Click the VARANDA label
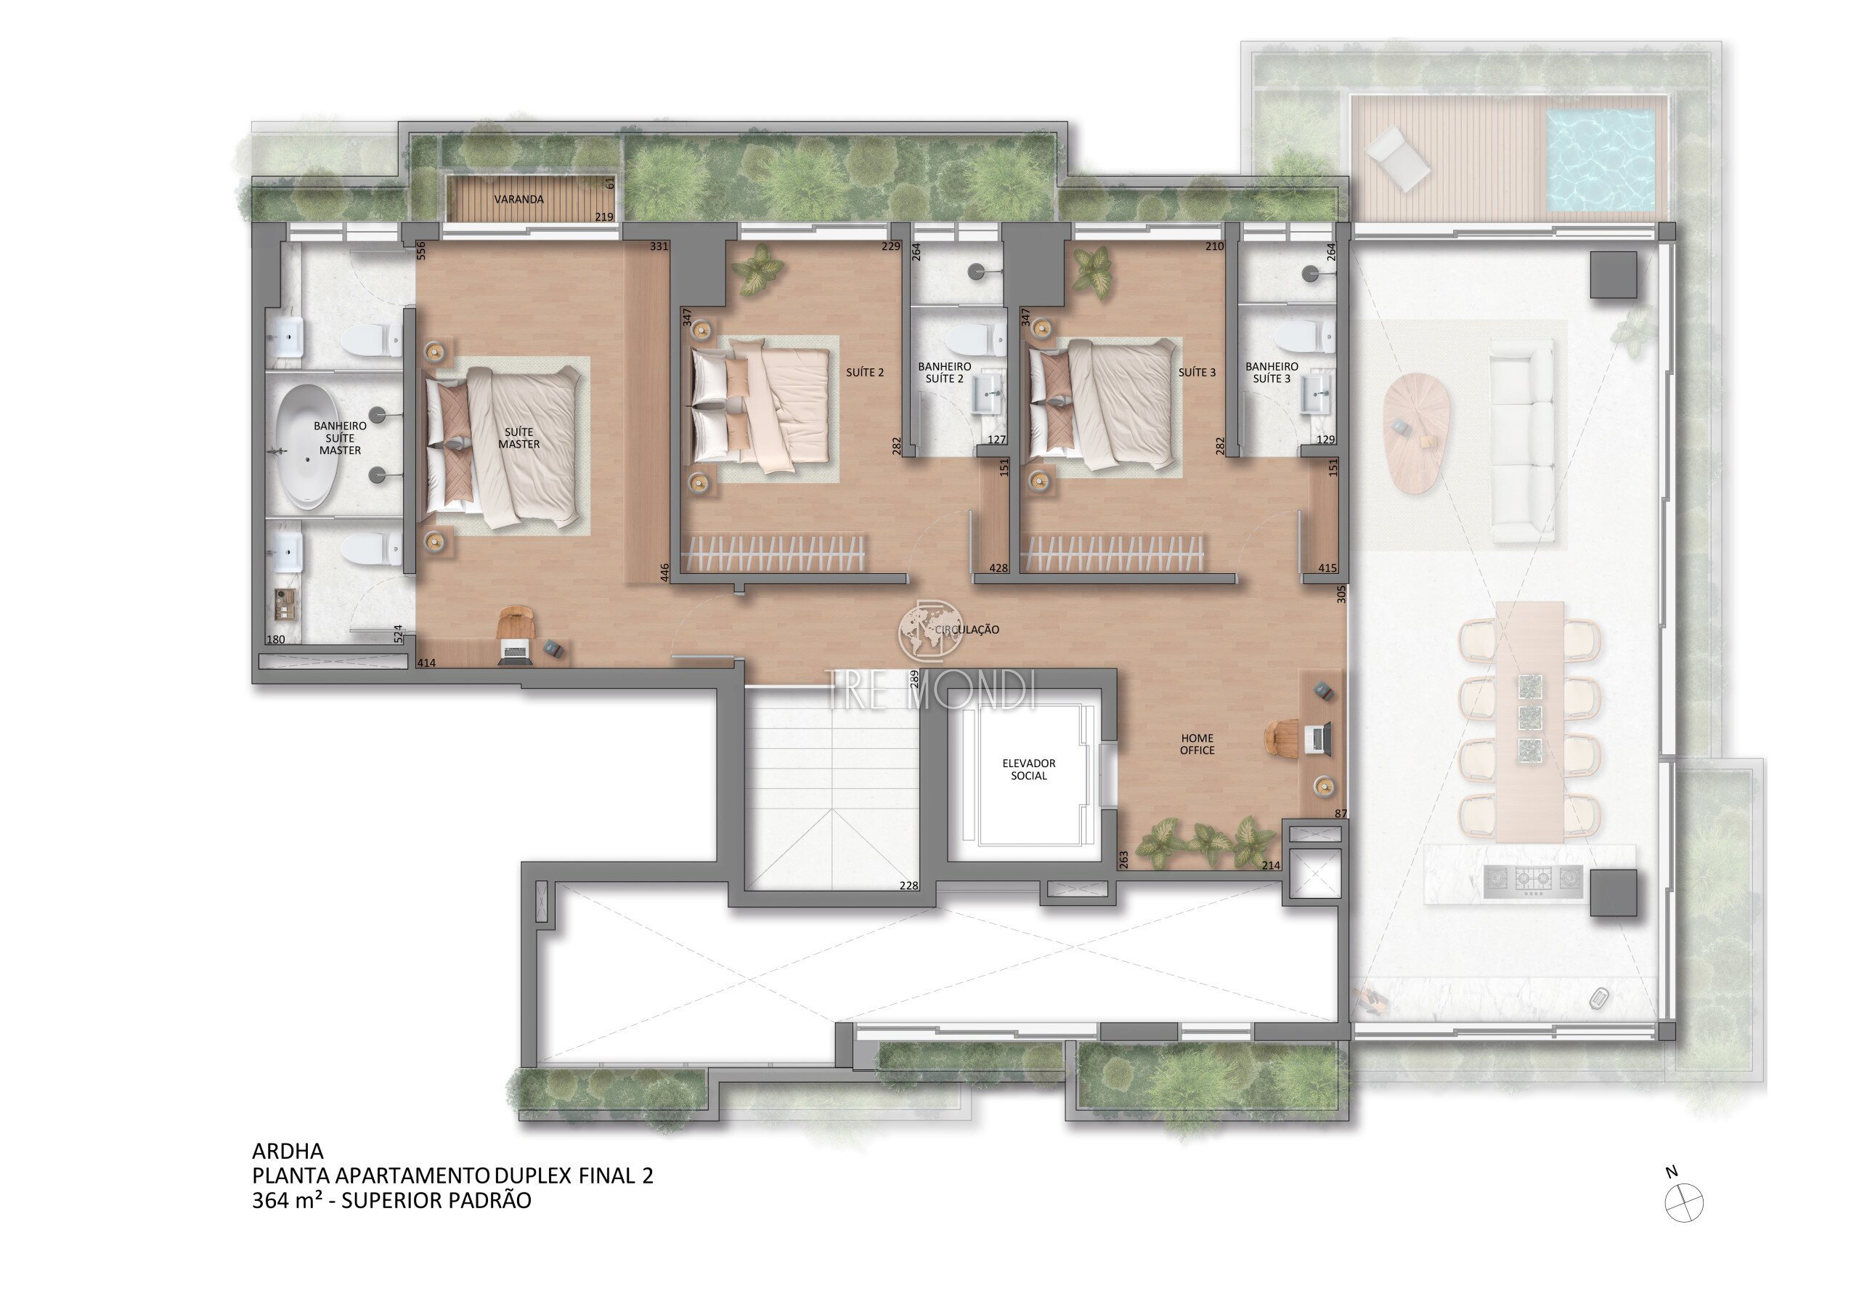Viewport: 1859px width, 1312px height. [x=519, y=199]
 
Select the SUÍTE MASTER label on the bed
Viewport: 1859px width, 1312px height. [x=519, y=438]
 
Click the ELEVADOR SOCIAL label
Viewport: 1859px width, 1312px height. [x=1029, y=769]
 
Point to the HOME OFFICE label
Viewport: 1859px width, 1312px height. [x=1197, y=745]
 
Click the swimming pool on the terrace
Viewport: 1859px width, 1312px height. [x=1600, y=161]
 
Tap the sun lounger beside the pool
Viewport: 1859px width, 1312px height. [x=1399, y=162]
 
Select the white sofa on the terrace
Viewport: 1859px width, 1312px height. [x=1521, y=442]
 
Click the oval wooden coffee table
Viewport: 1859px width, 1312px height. [x=1415, y=432]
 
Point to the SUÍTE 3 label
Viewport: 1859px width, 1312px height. [x=1197, y=373]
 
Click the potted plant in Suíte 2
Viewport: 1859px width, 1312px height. [x=756, y=268]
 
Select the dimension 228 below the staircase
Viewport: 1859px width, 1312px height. [x=908, y=886]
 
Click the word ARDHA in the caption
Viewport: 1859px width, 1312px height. [x=288, y=1151]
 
